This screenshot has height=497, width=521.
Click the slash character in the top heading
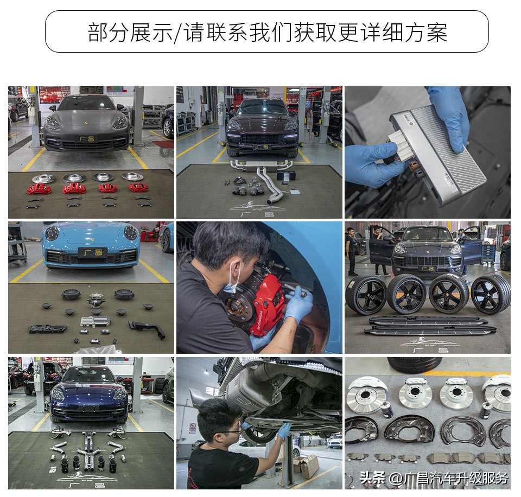[177, 33]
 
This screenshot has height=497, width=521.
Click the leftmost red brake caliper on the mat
[39, 188]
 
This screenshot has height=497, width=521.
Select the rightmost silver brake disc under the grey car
[132, 177]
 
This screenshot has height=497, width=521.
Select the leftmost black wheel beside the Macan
[366, 294]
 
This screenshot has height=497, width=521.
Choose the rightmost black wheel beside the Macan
[491, 294]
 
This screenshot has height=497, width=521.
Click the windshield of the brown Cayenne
[263, 108]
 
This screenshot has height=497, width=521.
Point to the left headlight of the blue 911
[52, 233]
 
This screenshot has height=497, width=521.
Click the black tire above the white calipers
[415, 364]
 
